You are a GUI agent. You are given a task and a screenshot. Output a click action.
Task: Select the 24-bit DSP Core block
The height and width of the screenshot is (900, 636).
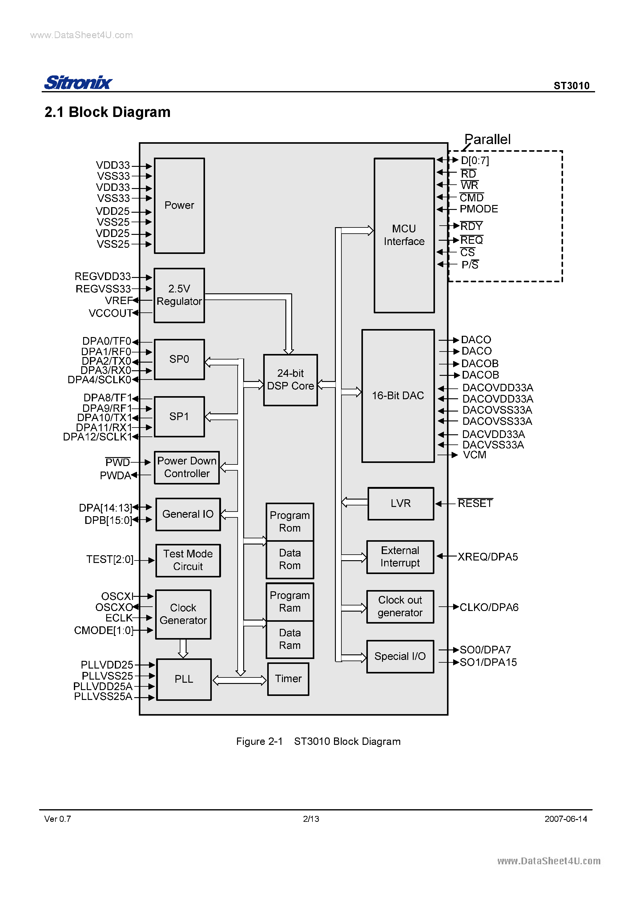point(290,380)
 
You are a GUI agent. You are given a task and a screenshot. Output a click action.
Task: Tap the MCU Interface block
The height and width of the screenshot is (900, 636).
point(404,235)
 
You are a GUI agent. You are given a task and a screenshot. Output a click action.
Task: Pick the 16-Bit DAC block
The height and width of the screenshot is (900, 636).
point(398,396)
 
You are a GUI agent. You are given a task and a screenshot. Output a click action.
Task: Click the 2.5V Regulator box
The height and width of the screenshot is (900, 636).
point(179,295)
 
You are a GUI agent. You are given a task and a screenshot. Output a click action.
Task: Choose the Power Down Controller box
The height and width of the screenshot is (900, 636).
point(187,467)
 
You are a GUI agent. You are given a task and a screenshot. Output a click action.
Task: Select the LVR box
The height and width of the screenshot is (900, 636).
point(400,503)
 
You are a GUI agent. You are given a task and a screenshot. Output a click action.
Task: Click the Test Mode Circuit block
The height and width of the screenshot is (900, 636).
point(188,560)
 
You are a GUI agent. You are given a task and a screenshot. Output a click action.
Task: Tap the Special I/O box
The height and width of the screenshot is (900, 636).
point(400,656)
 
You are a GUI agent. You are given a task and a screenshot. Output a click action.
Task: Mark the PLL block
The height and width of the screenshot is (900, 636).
point(183,679)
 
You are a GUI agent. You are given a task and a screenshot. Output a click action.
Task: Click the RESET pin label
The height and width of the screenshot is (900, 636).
point(475,503)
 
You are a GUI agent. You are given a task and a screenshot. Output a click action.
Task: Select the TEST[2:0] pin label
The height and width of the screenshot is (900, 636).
point(110,559)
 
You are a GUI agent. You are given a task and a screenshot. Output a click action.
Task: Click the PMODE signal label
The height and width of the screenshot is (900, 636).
point(479,209)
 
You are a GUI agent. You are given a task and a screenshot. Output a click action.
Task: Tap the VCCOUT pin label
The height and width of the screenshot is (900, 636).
point(111,313)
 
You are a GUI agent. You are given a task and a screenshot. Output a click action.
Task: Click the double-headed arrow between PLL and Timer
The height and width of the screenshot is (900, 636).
point(239,680)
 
